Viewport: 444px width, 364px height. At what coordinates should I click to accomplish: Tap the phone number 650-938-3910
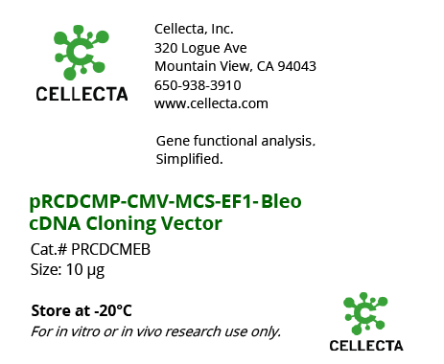198,85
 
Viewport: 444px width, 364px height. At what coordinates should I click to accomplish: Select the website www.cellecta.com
211,103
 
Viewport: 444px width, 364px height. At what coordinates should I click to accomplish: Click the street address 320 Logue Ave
200,47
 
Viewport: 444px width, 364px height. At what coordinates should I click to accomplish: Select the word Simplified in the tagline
189,159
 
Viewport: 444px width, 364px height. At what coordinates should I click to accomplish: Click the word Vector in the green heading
194,224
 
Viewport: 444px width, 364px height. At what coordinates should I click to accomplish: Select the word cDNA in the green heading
56,224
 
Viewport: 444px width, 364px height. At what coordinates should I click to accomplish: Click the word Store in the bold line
49,311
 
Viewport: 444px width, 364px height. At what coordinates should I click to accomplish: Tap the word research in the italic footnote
195,331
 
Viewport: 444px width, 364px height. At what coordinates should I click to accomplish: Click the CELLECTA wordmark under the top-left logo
80,94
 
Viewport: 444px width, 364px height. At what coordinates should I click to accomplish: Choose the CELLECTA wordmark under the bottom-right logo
365,345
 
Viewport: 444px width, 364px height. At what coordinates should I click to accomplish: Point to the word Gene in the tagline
173,141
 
